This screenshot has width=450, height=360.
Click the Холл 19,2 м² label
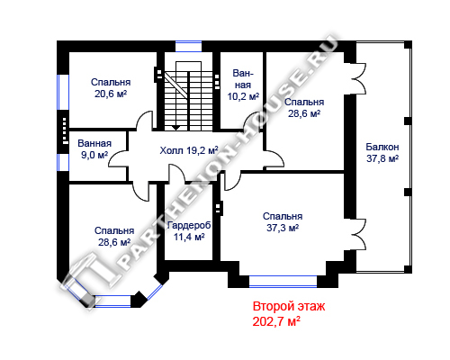189,150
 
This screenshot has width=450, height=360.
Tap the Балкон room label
382,147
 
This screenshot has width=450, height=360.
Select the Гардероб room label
189,225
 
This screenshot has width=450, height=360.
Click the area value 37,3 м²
283,228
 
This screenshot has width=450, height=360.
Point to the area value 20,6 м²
111,94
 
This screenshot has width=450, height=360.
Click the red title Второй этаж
289,307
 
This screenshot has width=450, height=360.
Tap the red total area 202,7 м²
276,321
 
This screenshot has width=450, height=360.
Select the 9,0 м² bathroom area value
94,155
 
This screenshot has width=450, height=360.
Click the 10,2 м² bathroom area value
243,96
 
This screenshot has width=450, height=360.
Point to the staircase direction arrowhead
176,128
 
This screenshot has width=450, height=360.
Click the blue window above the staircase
188,47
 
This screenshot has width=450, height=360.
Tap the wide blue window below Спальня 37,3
283,282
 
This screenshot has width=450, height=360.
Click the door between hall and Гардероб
177,173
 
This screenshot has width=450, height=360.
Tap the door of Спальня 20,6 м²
144,120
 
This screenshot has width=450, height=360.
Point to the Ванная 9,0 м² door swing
119,158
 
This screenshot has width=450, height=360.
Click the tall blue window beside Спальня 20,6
63,92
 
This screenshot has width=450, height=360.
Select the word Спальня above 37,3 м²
283,216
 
